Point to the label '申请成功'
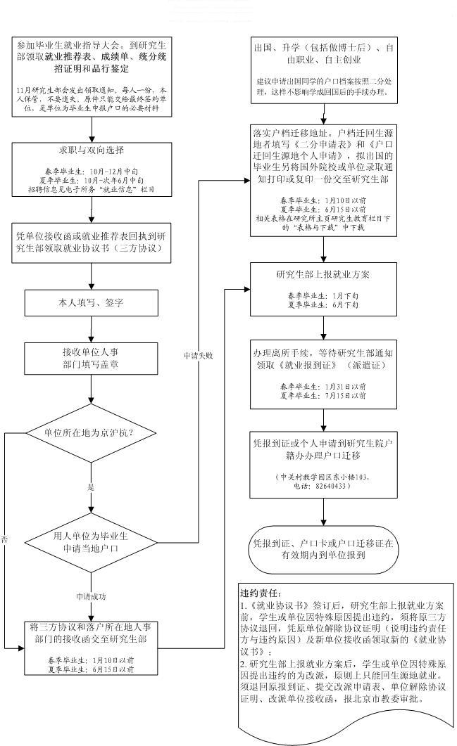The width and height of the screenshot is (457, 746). [91, 596]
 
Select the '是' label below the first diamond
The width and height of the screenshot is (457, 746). [91, 487]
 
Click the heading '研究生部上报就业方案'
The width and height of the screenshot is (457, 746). [323, 275]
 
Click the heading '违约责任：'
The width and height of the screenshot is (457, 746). [262, 593]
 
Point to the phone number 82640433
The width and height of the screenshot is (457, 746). [332, 486]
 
